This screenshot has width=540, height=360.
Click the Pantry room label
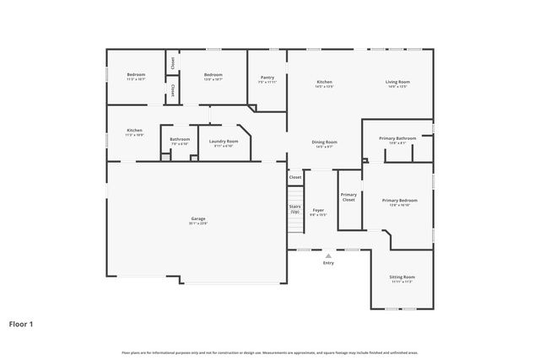click(267, 77)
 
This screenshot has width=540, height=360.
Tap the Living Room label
click(397, 82)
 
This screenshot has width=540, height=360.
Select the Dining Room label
click(326, 142)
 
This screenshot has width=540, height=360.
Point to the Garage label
click(197, 219)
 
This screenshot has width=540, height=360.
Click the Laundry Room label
click(224, 142)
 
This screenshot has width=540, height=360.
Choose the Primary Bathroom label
click(397, 137)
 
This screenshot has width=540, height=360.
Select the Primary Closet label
click(348, 197)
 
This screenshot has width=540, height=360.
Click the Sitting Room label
click(402, 277)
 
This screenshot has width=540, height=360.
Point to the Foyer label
click(318, 211)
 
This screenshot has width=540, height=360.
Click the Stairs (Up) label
click(295, 208)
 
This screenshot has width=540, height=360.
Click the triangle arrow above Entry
click(328, 255)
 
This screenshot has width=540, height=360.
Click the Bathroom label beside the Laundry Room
click(180, 140)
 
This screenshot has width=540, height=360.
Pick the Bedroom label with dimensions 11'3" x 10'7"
click(136, 76)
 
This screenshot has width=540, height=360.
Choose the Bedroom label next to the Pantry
click(213, 76)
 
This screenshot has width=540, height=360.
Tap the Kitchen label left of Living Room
click(325, 82)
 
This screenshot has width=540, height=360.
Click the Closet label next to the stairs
click(295, 177)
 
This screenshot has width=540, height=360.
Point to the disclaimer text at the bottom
click(269, 352)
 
